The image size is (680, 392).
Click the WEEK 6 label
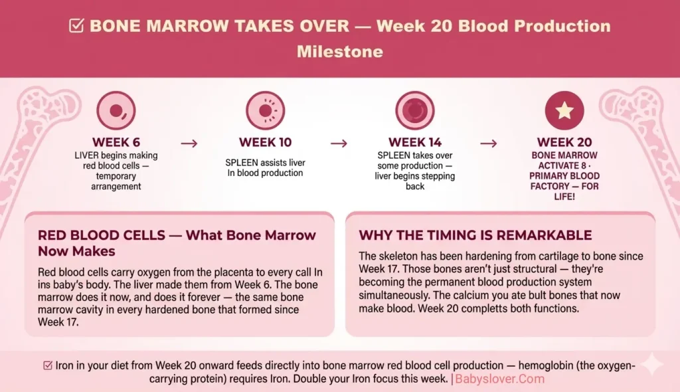[x=116, y=143]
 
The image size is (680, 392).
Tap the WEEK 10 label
[x=265, y=143]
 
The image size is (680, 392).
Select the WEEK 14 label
[x=415, y=143]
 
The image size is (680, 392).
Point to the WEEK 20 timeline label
[x=564, y=143]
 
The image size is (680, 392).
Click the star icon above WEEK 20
[x=564, y=110]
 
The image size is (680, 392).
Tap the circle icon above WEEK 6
[x=116, y=110]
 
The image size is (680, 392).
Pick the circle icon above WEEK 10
[x=266, y=110]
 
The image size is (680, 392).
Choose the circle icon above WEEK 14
[x=415, y=110]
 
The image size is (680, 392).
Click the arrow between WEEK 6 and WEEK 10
[x=189, y=144]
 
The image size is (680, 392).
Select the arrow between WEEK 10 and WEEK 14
[x=339, y=144]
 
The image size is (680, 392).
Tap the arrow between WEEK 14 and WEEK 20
[x=489, y=144]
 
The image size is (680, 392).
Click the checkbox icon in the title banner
[x=76, y=26]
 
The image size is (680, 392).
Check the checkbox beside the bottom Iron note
[x=48, y=365]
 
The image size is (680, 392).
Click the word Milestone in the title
[x=340, y=50]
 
